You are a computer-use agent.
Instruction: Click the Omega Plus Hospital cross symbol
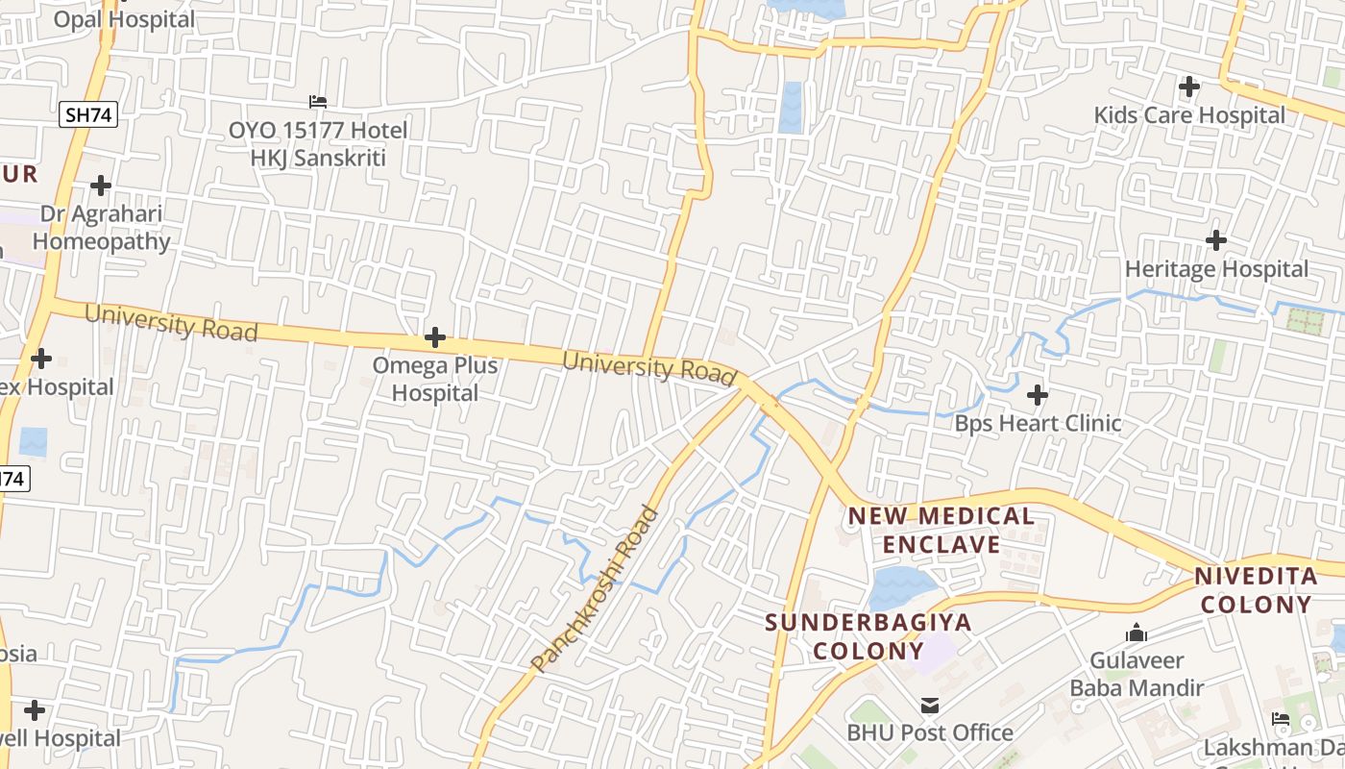(x=435, y=337)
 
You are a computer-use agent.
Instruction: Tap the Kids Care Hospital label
(x=1189, y=115)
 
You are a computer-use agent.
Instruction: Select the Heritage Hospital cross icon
(x=1216, y=239)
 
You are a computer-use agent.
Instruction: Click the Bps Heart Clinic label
(x=1038, y=423)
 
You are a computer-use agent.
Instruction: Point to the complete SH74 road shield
(x=88, y=115)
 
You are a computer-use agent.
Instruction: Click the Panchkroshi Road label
(x=596, y=588)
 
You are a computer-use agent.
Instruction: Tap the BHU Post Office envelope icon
(x=929, y=706)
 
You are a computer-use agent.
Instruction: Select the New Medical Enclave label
(x=941, y=531)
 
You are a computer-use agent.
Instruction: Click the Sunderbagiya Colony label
(x=868, y=636)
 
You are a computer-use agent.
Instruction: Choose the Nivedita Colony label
(x=1256, y=590)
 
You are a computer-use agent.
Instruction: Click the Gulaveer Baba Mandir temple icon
(x=1137, y=633)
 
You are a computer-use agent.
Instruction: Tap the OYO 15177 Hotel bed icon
(x=318, y=101)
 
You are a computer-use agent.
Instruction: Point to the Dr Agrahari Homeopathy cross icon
(x=101, y=185)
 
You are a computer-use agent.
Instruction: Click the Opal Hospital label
(x=124, y=19)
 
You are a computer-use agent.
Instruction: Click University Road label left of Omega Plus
(x=171, y=323)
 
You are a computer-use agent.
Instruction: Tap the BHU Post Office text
(x=930, y=732)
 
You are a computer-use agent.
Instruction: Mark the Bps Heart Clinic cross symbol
(x=1038, y=394)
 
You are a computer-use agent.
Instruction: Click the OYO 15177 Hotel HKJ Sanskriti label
(x=318, y=143)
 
